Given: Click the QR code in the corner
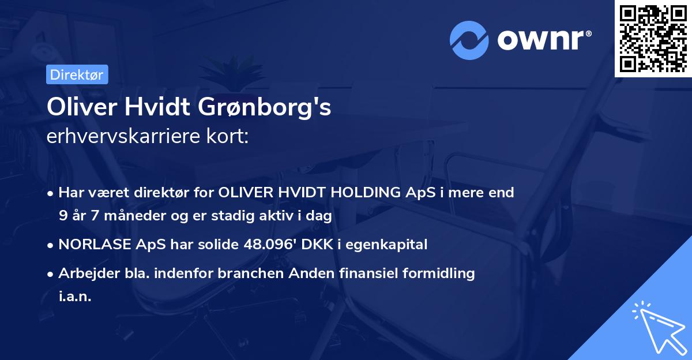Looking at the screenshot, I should coord(653,39).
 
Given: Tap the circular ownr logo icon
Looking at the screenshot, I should coord(470,40).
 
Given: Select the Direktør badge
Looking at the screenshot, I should coord(76,74).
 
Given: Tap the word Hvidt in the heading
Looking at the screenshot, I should coord(166,108).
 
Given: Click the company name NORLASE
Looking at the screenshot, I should coord(95,245).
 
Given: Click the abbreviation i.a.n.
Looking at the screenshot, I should coord(74,297).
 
